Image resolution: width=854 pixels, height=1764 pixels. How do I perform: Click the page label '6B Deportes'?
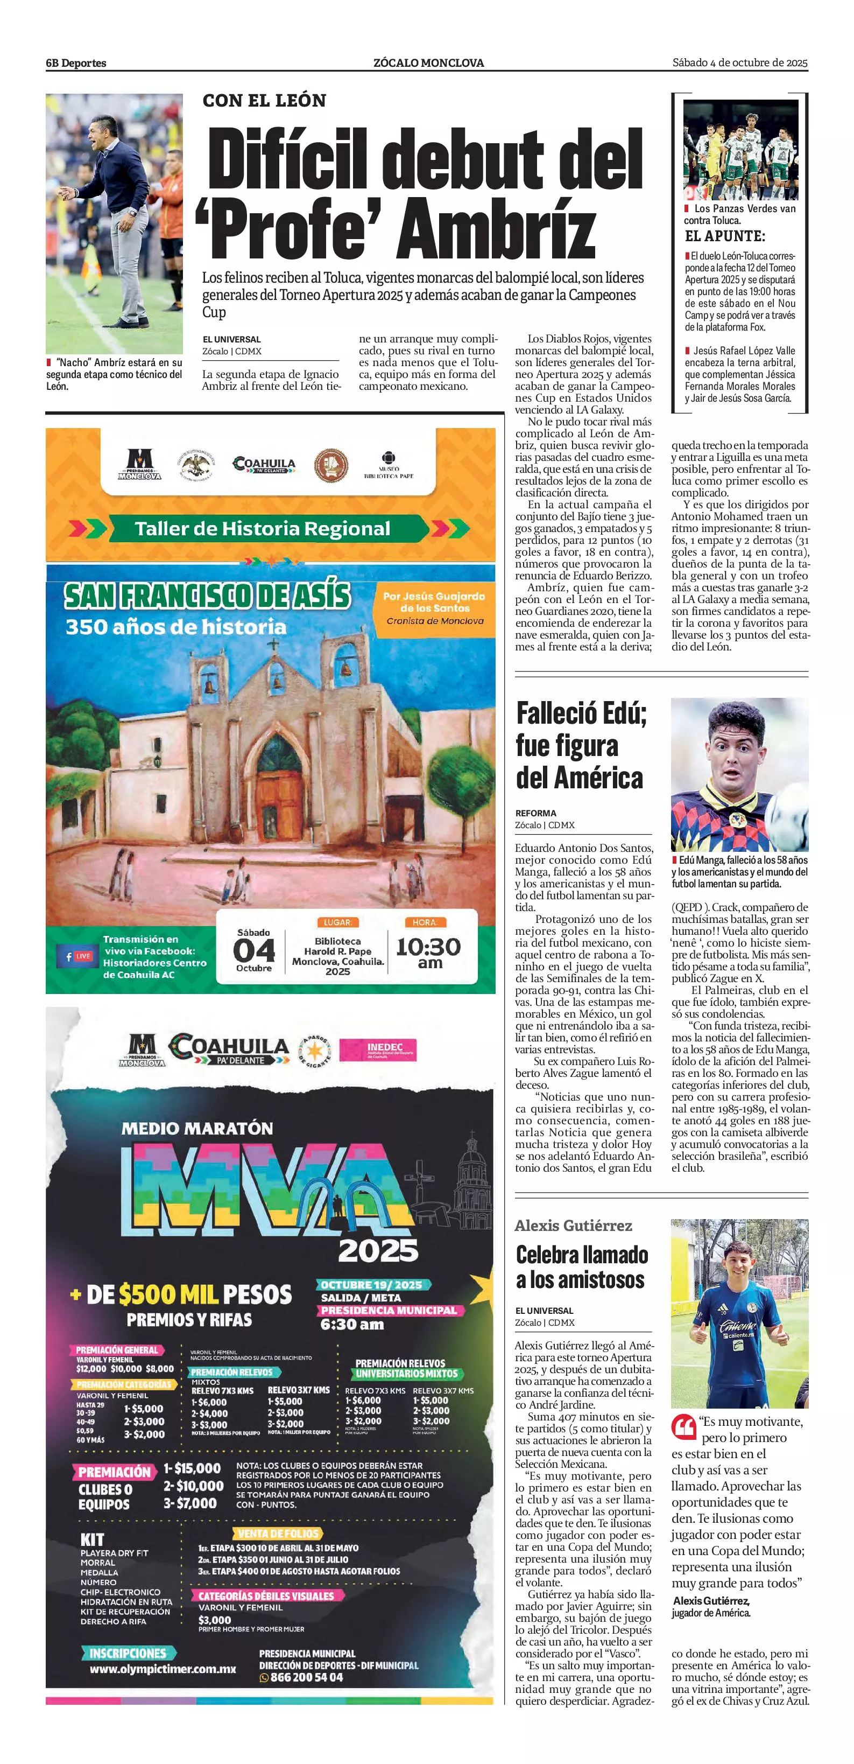pyautogui.click(x=76, y=63)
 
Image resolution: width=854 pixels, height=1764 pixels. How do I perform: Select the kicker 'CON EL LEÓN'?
pyautogui.click(x=264, y=101)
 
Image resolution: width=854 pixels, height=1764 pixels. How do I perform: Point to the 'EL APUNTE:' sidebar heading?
pyautogui.click(x=725, y=237)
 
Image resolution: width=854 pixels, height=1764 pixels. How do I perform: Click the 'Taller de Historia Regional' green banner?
pyautogui.click(x=262, y=529)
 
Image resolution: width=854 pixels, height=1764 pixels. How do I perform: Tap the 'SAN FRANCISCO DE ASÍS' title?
pyautogui.click(x=207, y=595)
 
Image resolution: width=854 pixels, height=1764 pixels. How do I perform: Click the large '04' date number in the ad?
pyautogui.click(x=254, y=950)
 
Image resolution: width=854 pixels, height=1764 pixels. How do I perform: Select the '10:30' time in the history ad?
pyautogui.click(x=428, y=947)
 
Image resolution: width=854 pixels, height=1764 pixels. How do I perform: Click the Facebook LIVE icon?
pyautogui.click(x=78, y=956)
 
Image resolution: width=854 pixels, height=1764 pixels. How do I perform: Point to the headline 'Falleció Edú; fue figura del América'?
pyautogui.click(x=580, y=745)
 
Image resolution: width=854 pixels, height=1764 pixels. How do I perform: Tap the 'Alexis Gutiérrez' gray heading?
pyautogui.click(x=574, y=1226)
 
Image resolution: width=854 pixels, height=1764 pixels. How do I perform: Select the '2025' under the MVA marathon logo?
pyautogui.click(x=378, y=1250)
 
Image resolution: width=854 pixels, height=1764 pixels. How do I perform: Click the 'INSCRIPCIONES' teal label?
pyautogui.click(x=128, y=1653)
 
